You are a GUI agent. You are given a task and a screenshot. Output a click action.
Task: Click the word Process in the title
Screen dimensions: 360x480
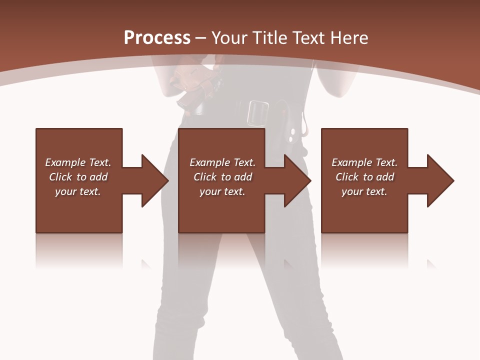click(157, 37)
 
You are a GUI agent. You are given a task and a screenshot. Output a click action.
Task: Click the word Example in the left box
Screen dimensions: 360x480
click(65, 162)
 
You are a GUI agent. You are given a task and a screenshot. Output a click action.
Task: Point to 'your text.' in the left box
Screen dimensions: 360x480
click(78, 191)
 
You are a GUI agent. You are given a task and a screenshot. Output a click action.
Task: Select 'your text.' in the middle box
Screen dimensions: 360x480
click(222, 191)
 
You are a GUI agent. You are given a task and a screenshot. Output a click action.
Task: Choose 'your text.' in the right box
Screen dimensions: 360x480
click(364, 191)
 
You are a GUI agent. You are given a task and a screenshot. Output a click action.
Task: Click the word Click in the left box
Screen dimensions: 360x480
click(60, 177)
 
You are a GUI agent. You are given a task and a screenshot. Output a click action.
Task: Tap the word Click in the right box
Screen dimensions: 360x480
click(347, 177)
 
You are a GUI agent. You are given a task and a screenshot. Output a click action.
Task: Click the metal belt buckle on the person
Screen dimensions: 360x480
click(258, 112)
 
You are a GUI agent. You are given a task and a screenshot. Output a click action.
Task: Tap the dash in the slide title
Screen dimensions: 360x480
click(201, 38)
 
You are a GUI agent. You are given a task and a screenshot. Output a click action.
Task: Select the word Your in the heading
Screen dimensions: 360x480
click(229, 38)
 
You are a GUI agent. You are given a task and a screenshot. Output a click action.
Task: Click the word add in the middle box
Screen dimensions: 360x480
click(243, 177)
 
